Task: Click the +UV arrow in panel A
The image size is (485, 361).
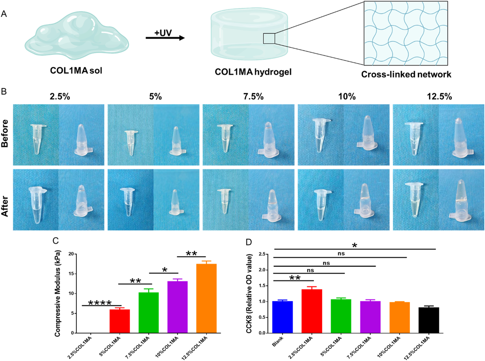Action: point(165,38)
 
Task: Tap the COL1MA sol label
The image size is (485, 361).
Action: point(76,70)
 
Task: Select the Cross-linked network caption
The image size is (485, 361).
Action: point(406,74)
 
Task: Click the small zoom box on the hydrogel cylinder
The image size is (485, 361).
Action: point(269,38)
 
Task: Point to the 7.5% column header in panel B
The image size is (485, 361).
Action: point(253,97)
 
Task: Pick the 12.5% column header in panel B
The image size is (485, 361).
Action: point(439,97)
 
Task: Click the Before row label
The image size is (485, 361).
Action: point(5,134)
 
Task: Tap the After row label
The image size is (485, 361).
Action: point(5,206)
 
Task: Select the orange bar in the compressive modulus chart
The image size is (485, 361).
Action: point(206,298)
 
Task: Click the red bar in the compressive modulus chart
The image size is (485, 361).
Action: point(120,321)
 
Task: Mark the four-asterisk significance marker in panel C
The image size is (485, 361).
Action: point(100,303)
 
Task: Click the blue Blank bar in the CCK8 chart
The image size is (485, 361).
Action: point(282,317)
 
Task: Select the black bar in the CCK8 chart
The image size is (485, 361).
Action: point(429,320)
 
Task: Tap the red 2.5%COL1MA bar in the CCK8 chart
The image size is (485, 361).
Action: point(312,311)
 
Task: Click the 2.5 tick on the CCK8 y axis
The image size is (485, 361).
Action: point(262,254)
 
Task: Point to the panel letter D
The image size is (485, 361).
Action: point(249,242)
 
